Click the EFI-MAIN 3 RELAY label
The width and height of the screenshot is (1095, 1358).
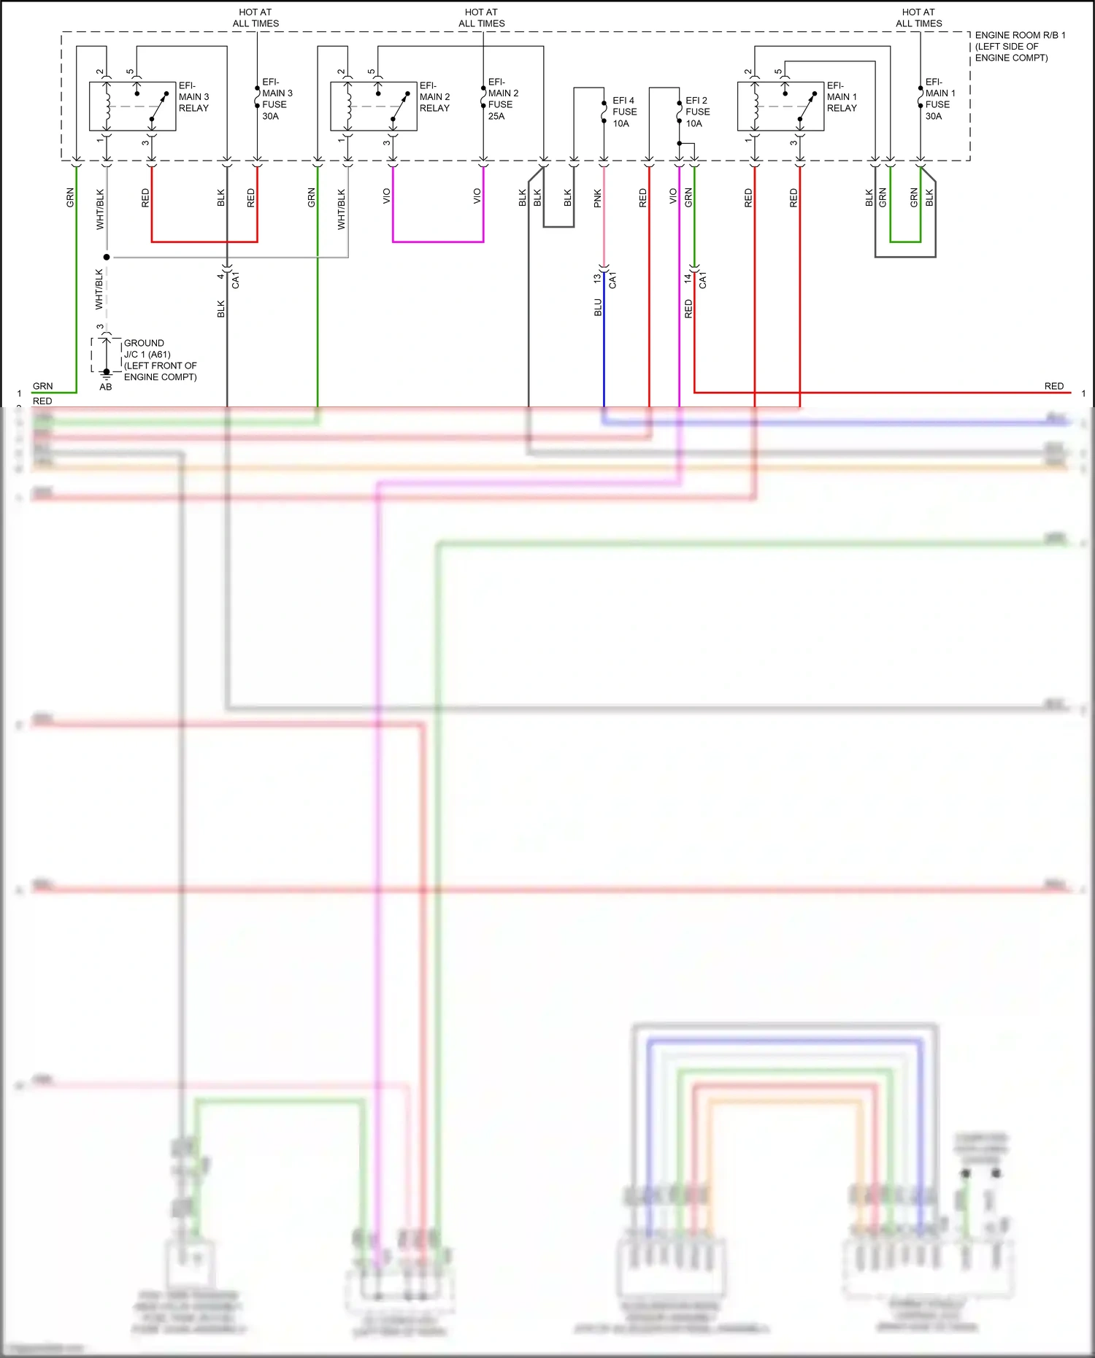[193, 97]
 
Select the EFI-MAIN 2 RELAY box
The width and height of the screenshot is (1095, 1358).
[373, 106]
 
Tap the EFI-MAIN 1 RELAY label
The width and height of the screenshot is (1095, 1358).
[842, 97]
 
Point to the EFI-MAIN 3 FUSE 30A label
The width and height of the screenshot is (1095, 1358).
[277, 99]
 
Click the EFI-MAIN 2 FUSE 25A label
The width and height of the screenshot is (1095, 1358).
[502, 99]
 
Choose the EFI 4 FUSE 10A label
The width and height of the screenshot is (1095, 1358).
[624, 112]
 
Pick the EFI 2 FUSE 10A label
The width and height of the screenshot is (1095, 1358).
[697, 112]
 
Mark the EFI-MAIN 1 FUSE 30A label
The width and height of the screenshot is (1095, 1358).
[940, 99]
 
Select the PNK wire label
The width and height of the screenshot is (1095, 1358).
[598, 198]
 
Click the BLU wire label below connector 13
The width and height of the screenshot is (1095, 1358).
[598, 307]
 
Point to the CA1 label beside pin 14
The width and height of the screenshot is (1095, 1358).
[703, 280]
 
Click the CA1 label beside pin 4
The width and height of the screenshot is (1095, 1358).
[236, 280]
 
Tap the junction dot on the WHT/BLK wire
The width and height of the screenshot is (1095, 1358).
[107, 257]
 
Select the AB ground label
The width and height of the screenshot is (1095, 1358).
[106, 387]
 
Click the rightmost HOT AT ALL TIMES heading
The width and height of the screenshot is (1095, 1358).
[918, 18]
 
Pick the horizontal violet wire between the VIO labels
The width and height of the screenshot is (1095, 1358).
[438, 242]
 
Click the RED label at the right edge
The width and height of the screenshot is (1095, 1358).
[1053, 386]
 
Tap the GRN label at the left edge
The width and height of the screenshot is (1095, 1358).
[42, 386]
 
